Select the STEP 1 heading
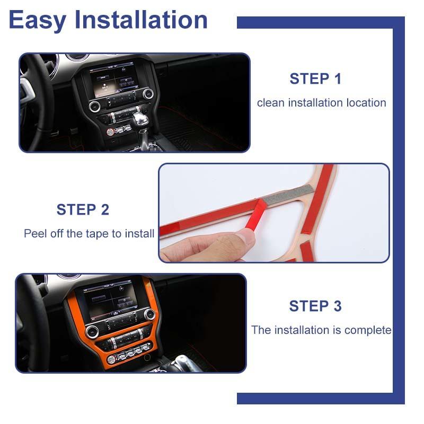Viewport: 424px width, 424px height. (315, 79)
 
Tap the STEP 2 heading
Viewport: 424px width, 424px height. (83, 209)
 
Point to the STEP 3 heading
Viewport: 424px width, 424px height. (315, 306)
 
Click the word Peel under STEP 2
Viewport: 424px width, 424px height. (35, 233)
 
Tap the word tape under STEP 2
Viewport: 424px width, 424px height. (97, 233)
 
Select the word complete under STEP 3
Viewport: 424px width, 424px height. (368, 330)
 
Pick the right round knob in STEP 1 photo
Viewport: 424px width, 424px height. (148, 94)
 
